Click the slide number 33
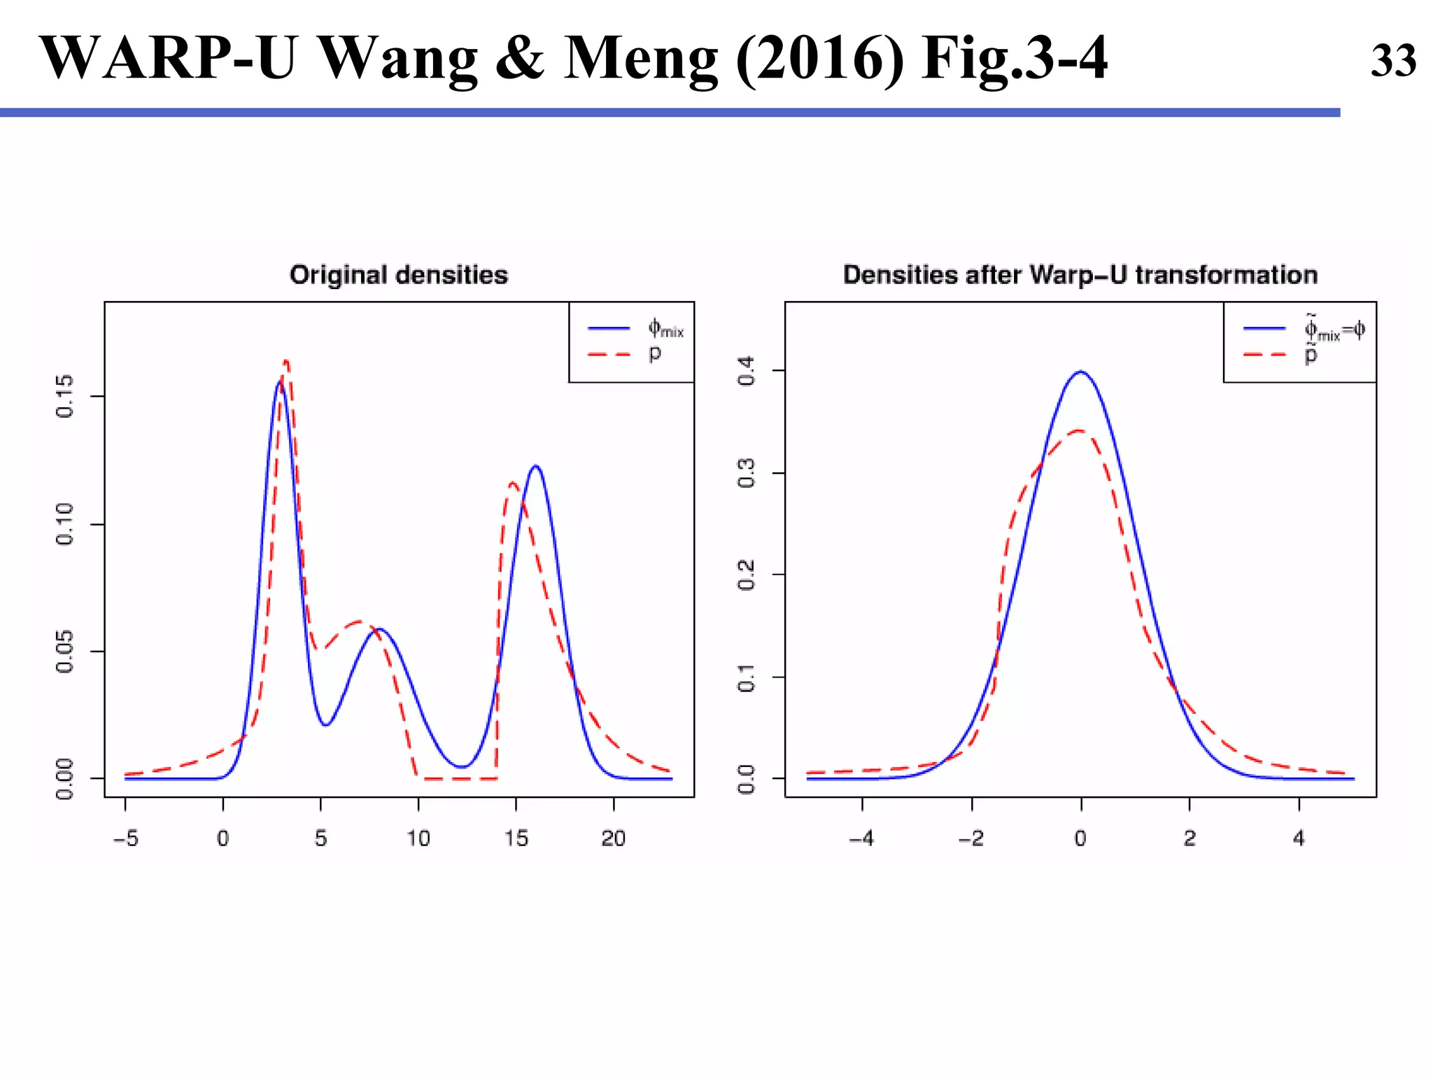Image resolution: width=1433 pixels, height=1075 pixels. click(1392, 61)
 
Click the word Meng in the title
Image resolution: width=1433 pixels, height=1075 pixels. click(640, 59)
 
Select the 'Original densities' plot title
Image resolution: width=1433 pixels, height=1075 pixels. click(399, 275)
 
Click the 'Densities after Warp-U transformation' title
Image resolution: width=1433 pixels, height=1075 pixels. click(1080, 275)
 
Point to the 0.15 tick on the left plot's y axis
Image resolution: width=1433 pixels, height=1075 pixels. click(64, 396)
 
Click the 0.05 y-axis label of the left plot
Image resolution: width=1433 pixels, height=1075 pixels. click(64, 651)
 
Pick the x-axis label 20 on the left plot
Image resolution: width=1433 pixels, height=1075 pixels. click(613, 838)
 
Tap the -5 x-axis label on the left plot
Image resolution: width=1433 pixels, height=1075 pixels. click(126, 838)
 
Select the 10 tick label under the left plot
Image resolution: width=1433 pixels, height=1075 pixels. click(418, 838)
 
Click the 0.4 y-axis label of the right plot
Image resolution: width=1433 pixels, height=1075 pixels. click(747, 370)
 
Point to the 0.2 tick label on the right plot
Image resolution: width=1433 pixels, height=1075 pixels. click(747, 575)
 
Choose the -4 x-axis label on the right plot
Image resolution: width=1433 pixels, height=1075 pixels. click(861, 838)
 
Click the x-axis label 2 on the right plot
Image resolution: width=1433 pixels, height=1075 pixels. click(1190, 838)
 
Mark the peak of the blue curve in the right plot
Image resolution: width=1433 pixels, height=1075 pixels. click(1081, 372)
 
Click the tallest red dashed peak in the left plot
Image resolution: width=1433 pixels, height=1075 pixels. click(285, 362)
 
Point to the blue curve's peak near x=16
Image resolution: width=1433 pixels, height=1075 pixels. click(536, 466)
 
